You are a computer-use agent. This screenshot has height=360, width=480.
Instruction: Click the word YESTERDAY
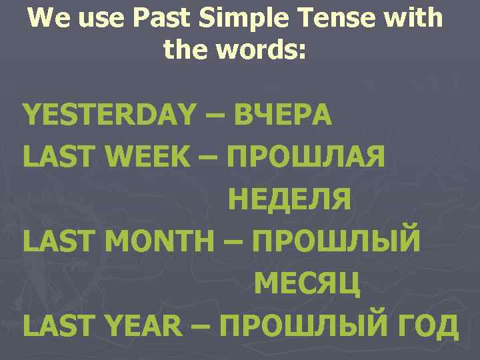(111, 115)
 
